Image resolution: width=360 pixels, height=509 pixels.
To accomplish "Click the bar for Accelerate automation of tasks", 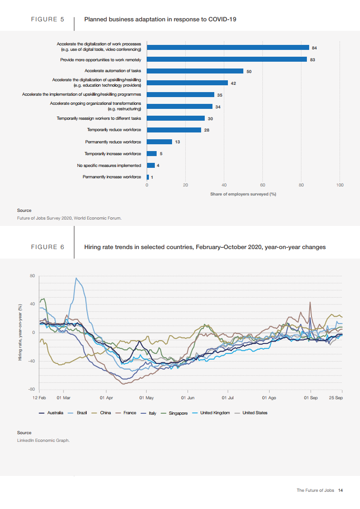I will coord(195,71).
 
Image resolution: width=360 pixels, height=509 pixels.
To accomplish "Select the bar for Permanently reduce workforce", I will coord(159,142).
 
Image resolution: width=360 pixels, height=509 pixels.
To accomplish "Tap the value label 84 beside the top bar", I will coord(314,48).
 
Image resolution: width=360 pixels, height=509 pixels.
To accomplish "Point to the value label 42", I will coord(233,83).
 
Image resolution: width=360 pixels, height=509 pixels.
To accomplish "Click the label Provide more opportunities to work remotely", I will coord(101,59).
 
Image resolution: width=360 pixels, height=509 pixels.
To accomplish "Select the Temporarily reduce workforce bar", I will coord(174,130).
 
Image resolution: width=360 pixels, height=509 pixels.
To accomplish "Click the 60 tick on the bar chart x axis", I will coord(262,185).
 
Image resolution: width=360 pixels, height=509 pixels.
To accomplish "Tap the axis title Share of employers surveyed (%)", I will coord(243,194).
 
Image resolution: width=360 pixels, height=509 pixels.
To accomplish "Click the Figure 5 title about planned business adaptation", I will coord(160,20).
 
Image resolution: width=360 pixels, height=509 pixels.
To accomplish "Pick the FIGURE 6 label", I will coord(47,247).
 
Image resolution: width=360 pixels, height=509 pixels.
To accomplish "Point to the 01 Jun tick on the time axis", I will coord(187,397).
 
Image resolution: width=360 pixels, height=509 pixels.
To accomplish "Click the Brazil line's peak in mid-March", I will coord(76,278).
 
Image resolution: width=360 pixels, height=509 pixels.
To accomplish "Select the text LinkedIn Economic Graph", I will coord(43,440).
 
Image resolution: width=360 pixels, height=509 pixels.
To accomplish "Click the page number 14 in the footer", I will coord(340,490).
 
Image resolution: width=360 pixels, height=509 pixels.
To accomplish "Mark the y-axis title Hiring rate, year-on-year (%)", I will coord(20,332).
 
